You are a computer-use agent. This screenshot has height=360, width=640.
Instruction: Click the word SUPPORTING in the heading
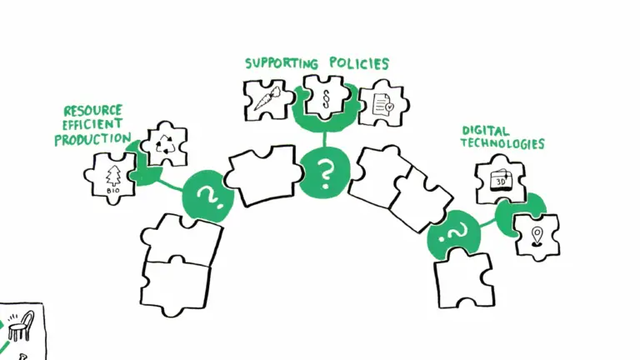[282, 63]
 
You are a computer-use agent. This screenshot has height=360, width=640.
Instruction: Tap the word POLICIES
[359, 63]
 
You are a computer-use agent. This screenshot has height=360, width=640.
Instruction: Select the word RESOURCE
[93, 111]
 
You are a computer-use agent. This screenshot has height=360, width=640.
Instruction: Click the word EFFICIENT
[92, 124]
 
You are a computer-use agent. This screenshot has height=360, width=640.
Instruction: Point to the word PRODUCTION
[92, 139]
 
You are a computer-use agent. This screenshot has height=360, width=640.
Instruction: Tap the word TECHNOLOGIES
[502, 143]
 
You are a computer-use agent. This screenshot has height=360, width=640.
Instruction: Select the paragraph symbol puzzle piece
[326, 97]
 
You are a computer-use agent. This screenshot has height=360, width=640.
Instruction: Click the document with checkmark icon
[383, 104]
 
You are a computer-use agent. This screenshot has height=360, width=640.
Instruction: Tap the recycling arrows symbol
[164, 144]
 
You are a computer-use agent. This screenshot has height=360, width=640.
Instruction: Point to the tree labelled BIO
[113, 176]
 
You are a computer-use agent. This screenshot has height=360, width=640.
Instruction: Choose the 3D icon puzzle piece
[500, 179]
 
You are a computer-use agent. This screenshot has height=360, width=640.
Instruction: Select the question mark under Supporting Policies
[325, 174]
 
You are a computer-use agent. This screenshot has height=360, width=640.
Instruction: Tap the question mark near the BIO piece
[211, 198]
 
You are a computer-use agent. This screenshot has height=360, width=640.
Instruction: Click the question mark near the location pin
[453, 234]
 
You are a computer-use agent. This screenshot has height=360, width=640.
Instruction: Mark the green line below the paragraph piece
[325, 139]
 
